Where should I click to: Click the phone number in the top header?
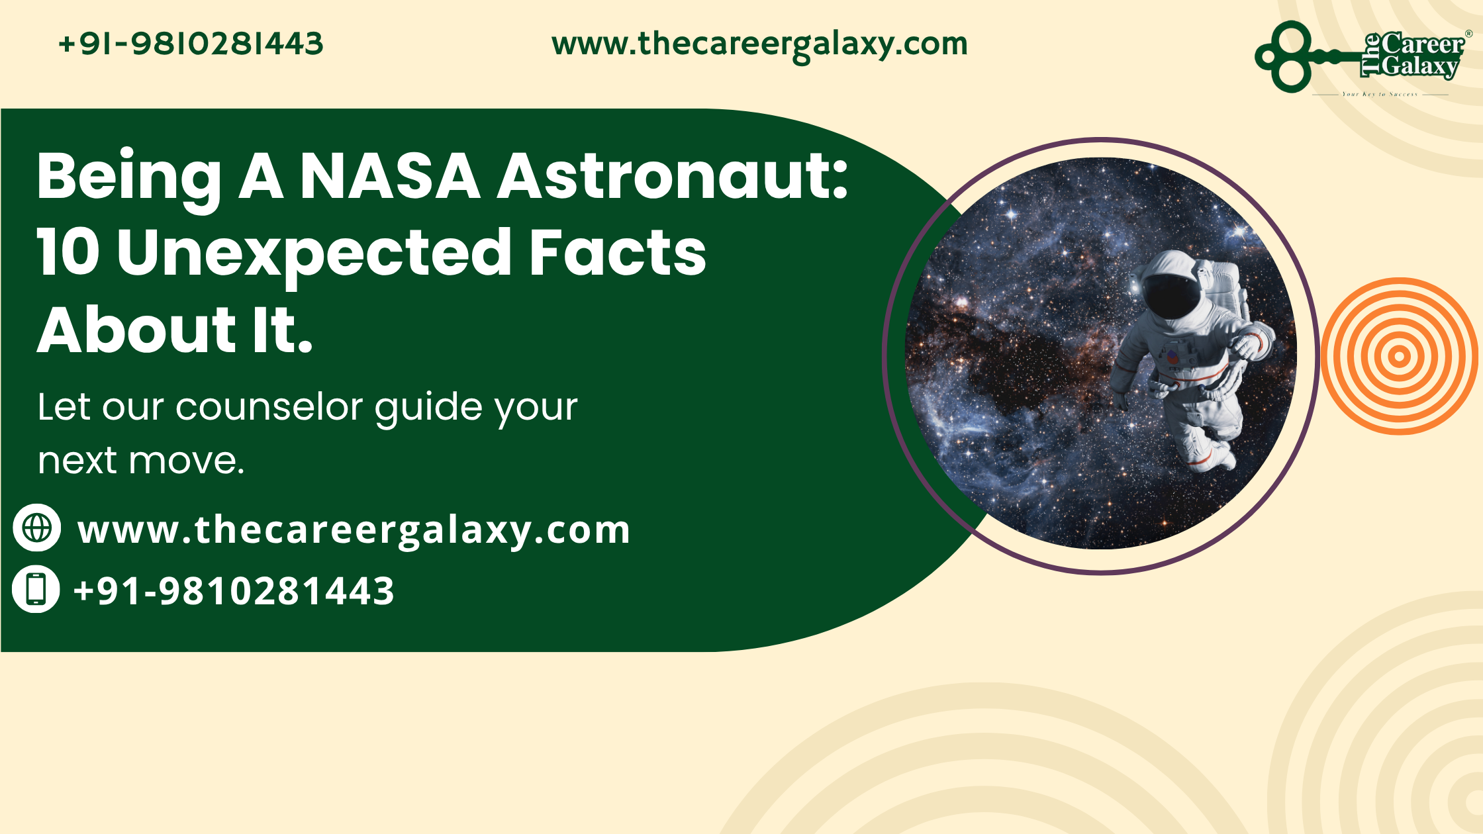[191, 44]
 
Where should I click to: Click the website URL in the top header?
[759, 44]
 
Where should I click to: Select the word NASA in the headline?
[390, 176]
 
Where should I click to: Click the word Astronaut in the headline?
[672, 176]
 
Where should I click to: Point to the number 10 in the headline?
[68, 252]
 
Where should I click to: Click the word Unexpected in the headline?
[314, 254]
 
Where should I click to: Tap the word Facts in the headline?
[618, 252]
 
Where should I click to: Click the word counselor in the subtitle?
[269, 406]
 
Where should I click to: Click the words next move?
[140, 461]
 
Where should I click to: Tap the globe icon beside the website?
[37, 528]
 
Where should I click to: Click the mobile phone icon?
[36, 589]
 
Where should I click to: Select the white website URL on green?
[354, 530]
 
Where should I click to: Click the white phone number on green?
[234, 590]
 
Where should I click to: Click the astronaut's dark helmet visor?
[1172, 295]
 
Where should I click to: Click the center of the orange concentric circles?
[1399, 356]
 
